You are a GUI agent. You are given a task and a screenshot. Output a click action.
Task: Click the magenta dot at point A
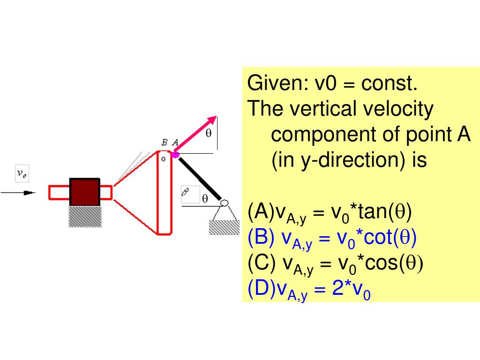[x=175, y=154]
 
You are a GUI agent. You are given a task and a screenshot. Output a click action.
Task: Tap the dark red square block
[x=84, y=192]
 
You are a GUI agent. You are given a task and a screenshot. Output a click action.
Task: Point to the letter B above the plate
[x=165, y=142]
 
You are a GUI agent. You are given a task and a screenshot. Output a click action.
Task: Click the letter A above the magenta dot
[x=175, y=142]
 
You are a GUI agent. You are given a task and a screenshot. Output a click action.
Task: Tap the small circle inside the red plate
[x=164, y=159]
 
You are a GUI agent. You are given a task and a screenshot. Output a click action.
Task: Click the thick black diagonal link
[x=199, y=178]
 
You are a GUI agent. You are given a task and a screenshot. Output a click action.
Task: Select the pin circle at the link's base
[x=224, y=203]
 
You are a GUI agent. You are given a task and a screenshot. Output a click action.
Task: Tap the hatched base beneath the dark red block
[x=85, y=217]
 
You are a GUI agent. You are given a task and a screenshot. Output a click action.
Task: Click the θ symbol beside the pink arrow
[x=209, y=133]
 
